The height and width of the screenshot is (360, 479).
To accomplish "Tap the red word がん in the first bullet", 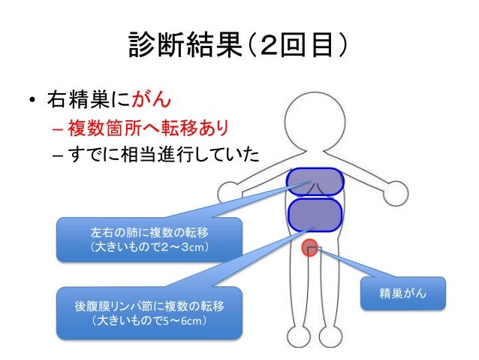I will pyautogui.click(x=155, y=98).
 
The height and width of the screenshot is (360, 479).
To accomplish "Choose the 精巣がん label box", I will pyautogui.click(x=403, y=293).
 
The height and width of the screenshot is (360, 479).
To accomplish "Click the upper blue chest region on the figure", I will pyautogui.click(x=315, y=183).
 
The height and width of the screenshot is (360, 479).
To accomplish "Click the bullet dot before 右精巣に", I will pyautogui.click(x=33, y=99).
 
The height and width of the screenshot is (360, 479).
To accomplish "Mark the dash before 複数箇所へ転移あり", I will pyautogui.click(x=57, y=126).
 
